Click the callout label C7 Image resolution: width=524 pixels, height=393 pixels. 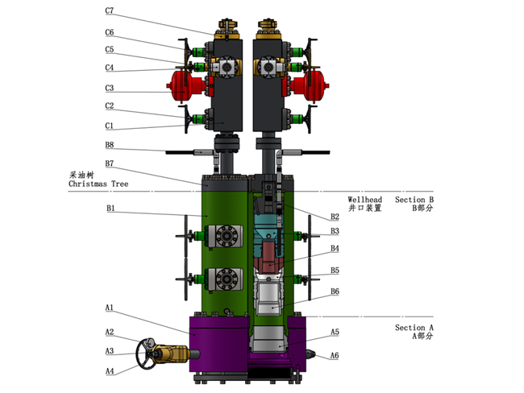(x=109, y=12)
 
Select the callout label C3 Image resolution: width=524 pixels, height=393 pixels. (x=109, y=88)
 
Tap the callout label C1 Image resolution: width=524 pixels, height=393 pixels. (x=109, y=126)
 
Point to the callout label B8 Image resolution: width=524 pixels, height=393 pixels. (x=109, y=145)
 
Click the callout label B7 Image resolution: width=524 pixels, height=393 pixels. (x=109, y=164)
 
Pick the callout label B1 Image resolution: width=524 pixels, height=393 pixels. (x=109, y=209)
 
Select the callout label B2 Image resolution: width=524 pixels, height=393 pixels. (x=335, y=216)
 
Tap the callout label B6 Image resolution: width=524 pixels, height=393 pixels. (x=335, y=291)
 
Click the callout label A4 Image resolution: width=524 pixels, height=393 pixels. (x=109, y=370)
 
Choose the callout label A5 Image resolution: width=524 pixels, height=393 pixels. (x=335, y=332)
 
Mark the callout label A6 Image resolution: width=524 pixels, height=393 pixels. (x=335, y=355)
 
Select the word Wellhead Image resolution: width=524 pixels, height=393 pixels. (x=364, y=199)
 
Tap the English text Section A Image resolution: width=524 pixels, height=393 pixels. (x=414, y=328)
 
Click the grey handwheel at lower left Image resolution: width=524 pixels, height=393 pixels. (x=148, y=353)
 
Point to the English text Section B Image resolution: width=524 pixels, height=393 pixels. (x=414, y=199)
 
